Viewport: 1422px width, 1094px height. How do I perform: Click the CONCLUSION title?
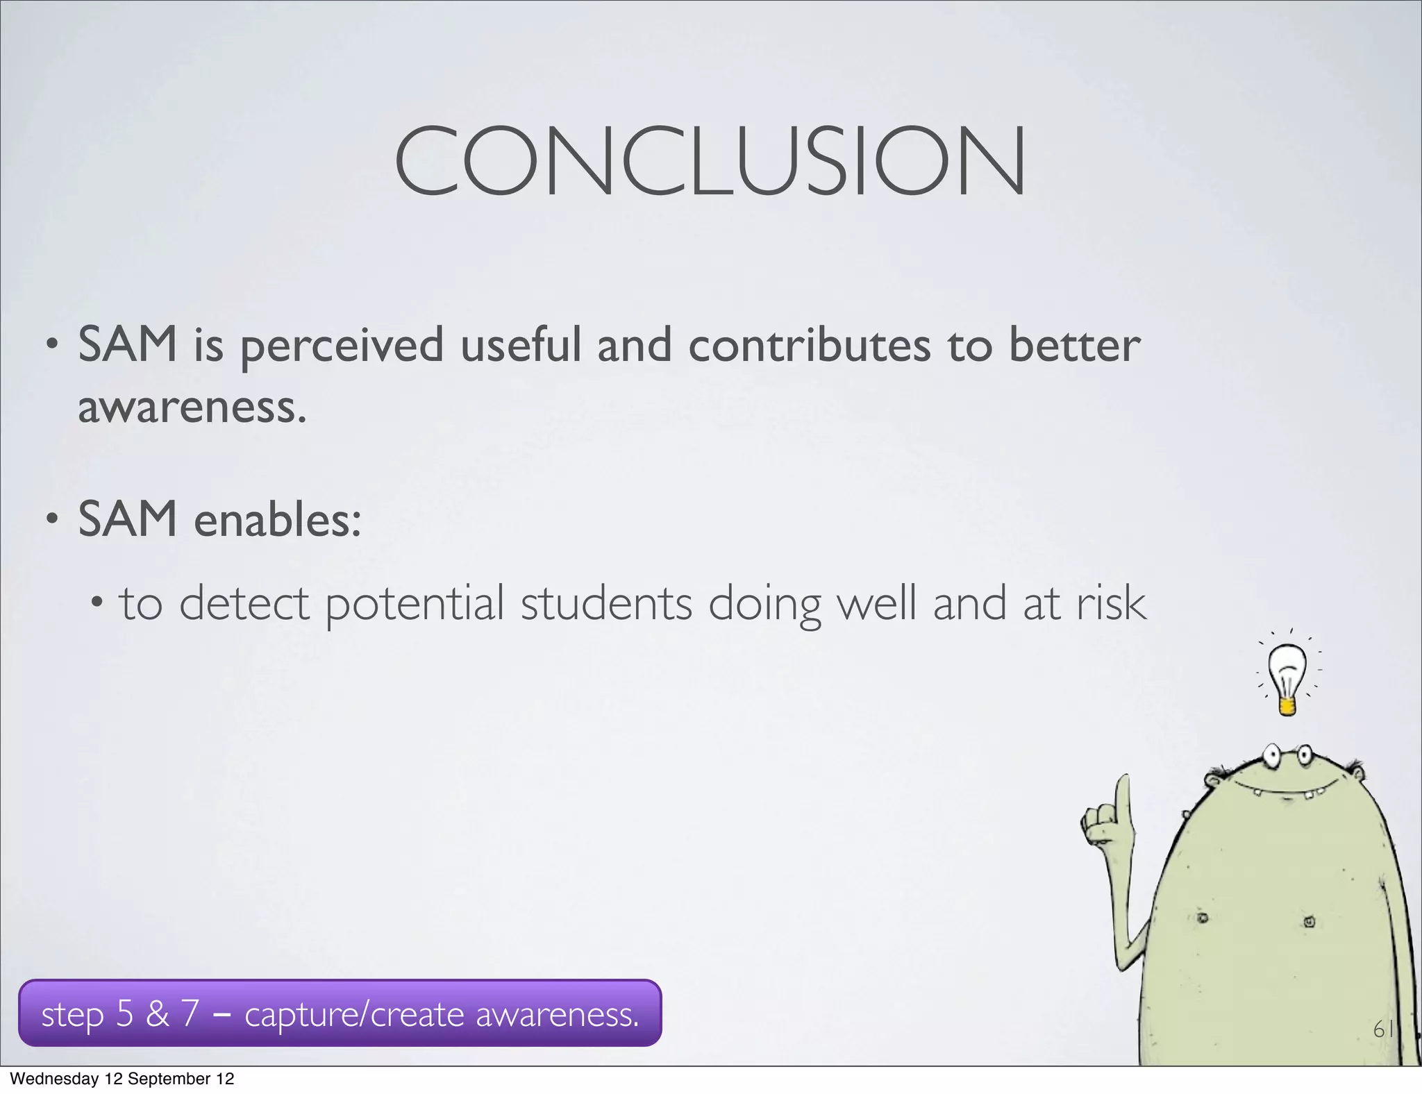click(710, 161)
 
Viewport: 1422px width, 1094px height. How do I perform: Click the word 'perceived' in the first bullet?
click(342, 346)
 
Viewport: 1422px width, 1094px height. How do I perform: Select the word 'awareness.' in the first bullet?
click(192, 407)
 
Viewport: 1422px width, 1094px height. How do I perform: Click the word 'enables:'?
click(278, 520)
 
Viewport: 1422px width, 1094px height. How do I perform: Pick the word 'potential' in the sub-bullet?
click(415, 604)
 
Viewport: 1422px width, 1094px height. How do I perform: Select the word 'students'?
click(606, 603)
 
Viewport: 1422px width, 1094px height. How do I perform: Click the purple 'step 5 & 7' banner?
click(340, 1013)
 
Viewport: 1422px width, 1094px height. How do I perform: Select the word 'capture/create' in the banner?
click(354, 1015)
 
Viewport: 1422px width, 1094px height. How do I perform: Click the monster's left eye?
click(1272, 755)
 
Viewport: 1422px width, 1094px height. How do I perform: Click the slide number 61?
click(1383, 1029)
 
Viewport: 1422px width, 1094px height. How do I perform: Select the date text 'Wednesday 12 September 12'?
click(122, 1079)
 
